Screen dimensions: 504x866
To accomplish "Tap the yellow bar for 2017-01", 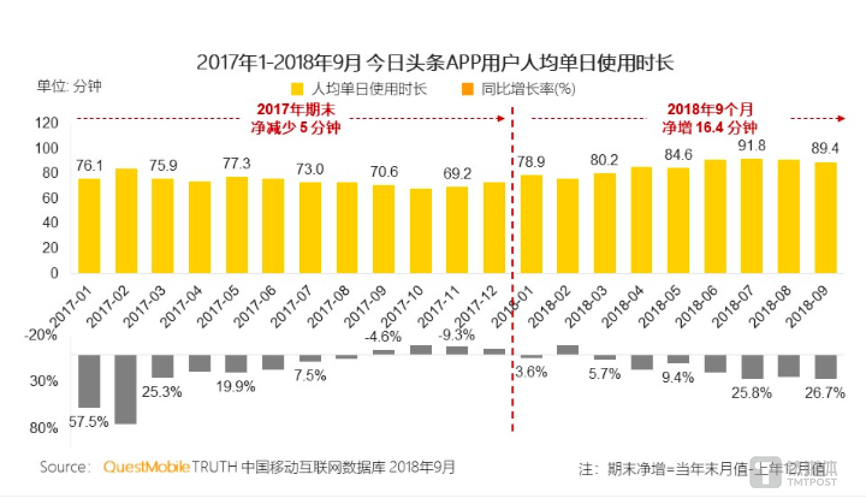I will click(89, 226).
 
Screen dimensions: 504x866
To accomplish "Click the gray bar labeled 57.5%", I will click(89, 381).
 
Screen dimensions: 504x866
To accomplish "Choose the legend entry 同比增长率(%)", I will click(519, 90).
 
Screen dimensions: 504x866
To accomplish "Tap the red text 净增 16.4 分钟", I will click(710, 128).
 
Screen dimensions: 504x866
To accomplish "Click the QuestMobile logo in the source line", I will click(147, 467).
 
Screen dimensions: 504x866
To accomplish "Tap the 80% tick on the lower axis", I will click(44, 428).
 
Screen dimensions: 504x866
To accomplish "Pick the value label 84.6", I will click(678, 155).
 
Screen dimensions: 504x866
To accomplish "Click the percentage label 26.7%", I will click(825, 393).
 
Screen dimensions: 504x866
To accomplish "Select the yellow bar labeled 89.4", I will click(825, 217).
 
